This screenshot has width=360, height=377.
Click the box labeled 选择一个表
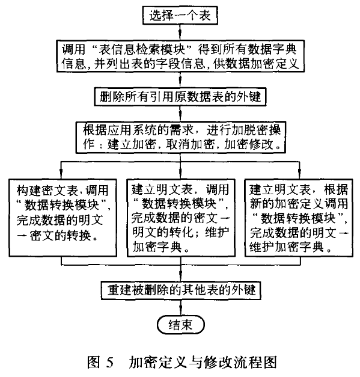(x=180, y=16)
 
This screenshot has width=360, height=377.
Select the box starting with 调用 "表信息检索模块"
(x=180, y=57)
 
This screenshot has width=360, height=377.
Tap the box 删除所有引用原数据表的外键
(x=180, y=97)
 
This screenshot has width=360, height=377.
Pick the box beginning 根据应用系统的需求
(x=181, y=137)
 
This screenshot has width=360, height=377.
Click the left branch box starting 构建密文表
(x=63, y=218)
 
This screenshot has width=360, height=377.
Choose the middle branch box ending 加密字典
(x=181, y=218)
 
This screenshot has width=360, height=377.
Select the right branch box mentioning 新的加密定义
(x=299, y=218)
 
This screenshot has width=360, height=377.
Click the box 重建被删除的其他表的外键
(x=181, y=290)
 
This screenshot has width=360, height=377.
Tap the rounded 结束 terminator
(x=181, y=325)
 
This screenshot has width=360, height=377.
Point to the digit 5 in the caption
(x=109, y=363)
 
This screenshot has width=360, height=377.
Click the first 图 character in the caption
(x=94, y=362)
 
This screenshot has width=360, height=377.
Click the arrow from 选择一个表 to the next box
(x=180, y=32)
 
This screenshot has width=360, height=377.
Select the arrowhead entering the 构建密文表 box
(x=61, y=176)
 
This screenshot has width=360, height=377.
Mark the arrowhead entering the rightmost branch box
(x=299, y=176)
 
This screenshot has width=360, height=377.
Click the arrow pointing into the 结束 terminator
(x=181, y=307)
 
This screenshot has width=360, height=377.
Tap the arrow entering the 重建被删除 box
(x=180, y=273)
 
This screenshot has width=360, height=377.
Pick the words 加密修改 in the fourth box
(x=249, y=145)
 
